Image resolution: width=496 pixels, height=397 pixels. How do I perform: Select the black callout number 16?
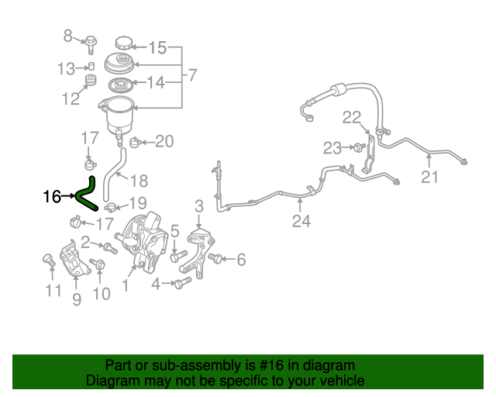[x=52, y=197]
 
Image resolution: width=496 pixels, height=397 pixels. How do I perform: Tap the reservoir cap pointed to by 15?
[x=123, y=43]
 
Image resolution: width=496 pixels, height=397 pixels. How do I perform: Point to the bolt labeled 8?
[x=91, y=44]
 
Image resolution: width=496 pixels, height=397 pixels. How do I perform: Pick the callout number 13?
[x=66, y=69]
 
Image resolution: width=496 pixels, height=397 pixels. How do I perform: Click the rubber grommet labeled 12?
[x=91, y=81]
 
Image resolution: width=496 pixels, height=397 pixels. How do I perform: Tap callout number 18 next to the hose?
[x=139, y=181]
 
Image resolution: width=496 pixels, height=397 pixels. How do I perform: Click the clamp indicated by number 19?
[x=110, y=207]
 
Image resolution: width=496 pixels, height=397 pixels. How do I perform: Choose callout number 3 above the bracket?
[x=199, y=206]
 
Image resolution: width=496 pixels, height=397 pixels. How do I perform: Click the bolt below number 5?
[x=178, y=256]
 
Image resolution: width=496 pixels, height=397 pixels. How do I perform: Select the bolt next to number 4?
[x=183, y=282]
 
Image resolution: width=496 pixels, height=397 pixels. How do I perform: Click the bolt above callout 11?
[x=49, y=261]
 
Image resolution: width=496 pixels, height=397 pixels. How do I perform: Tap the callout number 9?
[x=77, y=299]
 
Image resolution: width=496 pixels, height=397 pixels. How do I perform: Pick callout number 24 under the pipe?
[x=301, y=221]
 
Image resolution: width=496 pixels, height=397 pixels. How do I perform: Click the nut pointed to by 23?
[x=360, y=147]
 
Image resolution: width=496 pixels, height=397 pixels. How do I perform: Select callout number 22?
[x=352, y=117]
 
